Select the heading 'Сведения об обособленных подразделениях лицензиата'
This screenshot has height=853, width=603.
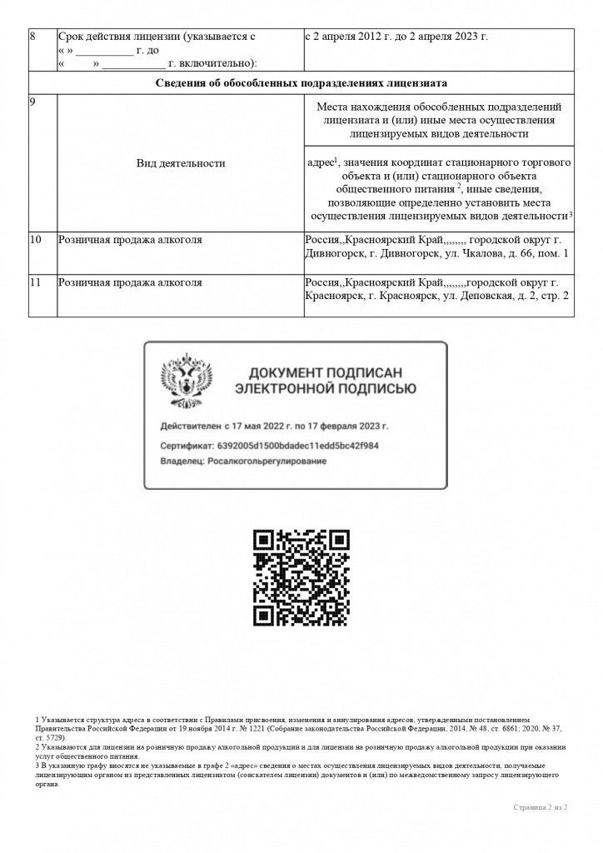tap(301, 83)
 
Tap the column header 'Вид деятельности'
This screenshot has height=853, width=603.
tap(181, 163)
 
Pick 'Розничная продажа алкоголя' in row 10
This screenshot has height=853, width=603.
tap(130, 241)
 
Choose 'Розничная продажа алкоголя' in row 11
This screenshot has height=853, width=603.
tap(130, 283)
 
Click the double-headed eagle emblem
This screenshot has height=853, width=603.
tap(186, 380)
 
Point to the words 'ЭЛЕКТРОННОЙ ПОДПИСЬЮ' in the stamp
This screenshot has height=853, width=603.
tap(326, 389)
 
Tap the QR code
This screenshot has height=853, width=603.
tap(301, 577)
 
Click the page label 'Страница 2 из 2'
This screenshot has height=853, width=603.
tap(540, 807)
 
